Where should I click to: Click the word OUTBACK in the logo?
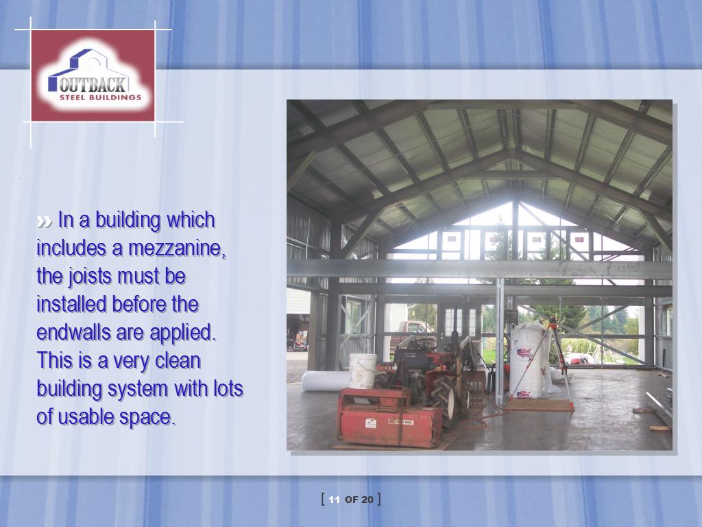[x=93, y=84]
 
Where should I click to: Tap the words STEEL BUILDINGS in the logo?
[x=100, y=97]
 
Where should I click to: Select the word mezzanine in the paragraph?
[x=177, y=248]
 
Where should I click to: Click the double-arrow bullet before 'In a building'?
[x=44, y=222]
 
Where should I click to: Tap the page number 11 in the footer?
[x=334, y=500]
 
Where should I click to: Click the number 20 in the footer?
[x=367, y=500]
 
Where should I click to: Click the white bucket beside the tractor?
[x=363, y=371]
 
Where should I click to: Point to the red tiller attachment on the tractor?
[x=390, y=418]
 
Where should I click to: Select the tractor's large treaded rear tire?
[x=444, y=397]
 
